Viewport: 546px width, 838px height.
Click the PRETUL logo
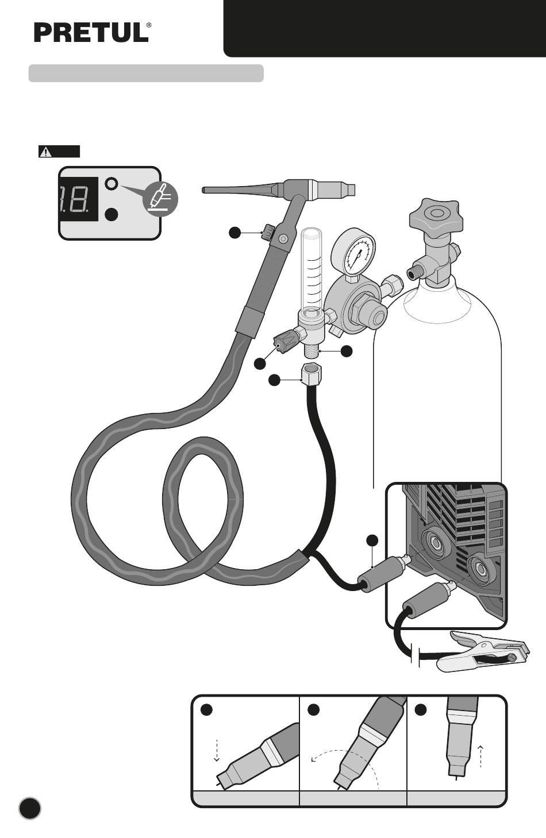tap(93, 33)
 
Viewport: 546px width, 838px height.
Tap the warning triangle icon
tap(45, 152)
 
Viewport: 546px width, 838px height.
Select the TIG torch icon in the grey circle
tap(160, 199)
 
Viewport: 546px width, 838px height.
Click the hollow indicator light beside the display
tap(111, 184)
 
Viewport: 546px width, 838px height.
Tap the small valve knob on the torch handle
tap(268, 232)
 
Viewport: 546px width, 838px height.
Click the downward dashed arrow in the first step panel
tap(216, 750)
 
